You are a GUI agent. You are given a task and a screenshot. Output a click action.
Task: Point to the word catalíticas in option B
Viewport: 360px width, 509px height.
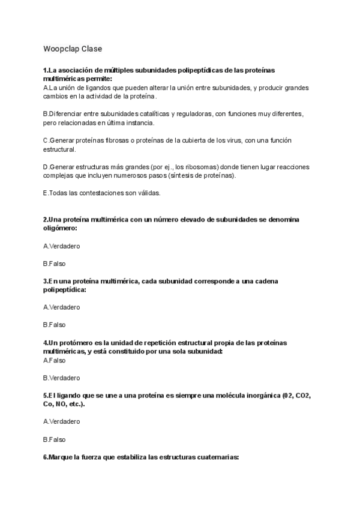click(x=152, y=114)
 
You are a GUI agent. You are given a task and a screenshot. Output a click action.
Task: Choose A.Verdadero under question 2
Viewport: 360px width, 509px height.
click(x=61, y=246)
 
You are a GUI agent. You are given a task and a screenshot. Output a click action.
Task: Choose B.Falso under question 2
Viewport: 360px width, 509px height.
click(x=54, y=264)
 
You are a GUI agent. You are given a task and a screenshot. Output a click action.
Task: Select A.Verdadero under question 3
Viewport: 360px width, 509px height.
click(x=61, y=307)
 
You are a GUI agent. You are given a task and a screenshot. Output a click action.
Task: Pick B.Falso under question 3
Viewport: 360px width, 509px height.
click(x=54, y=325)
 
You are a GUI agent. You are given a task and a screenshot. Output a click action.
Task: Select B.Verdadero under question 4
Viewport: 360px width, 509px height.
click(x=61, y=378)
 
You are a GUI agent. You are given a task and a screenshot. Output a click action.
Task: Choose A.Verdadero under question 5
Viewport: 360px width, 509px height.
click(x=61, y=421)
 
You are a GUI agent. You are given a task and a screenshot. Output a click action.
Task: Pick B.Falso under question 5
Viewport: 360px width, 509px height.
click(x=54, y=439)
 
